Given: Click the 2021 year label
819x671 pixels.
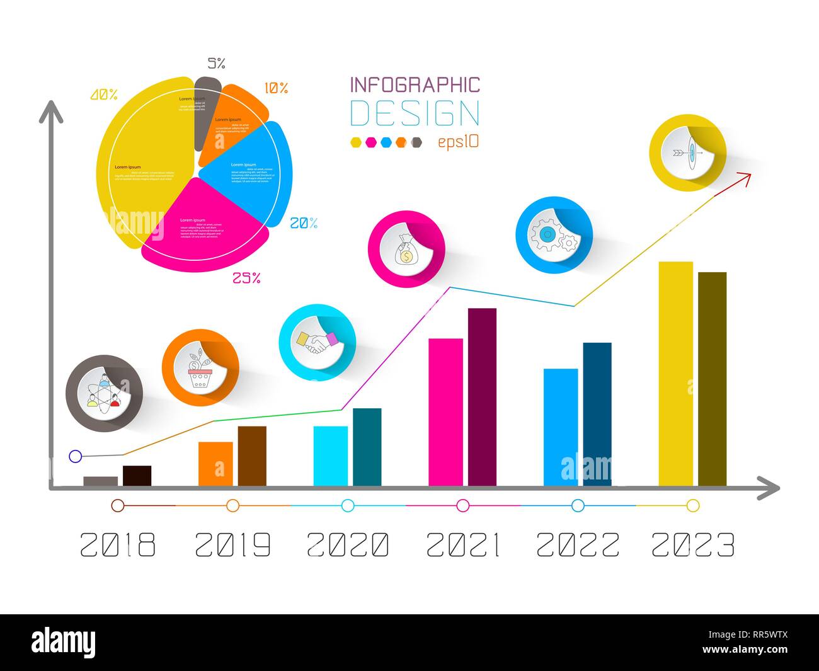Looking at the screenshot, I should click(x=463, y=545).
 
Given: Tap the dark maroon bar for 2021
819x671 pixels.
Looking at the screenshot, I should click(x=482, y=397).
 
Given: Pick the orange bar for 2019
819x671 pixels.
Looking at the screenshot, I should click(x=215, y=464).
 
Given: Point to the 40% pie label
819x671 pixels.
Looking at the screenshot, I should click(x=104, y=95).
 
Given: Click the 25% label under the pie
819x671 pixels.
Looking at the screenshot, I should click(x=246, y=278).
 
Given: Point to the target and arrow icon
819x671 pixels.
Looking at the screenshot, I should click(x=687, y=152).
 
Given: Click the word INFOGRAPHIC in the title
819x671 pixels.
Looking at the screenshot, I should click(x=415, y=85).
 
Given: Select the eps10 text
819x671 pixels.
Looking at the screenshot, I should click(x=458, y=142).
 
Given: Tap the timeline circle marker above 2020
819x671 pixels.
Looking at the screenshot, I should click(x=348, y=505).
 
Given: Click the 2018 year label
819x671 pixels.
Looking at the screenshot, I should click(x=118, y=545).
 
